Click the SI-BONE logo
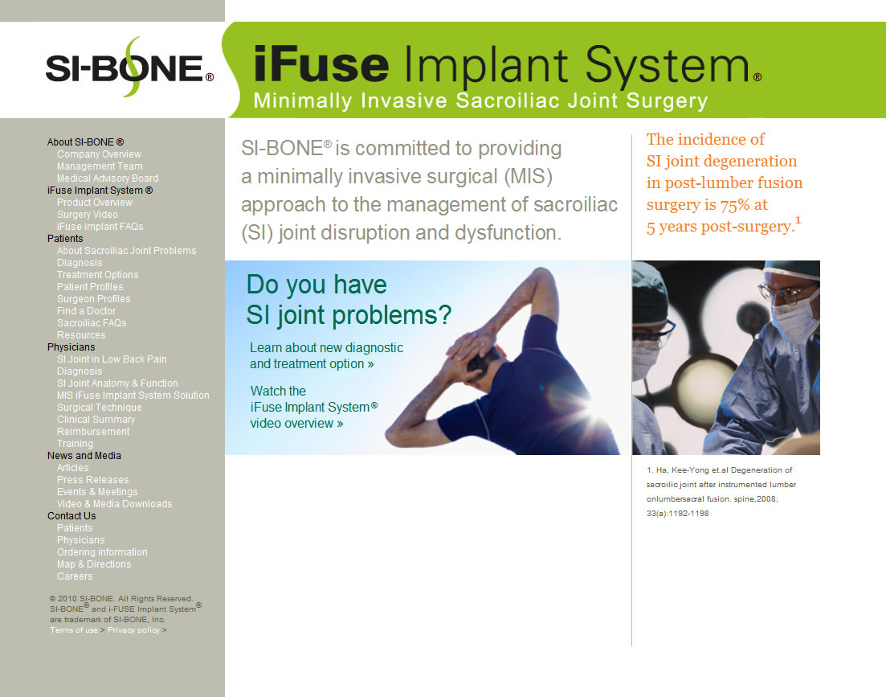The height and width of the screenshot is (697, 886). [129, 68]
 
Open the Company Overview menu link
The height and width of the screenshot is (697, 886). [99, 154]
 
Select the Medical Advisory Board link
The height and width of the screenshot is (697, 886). [108, 178]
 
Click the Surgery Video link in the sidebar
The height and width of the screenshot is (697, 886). [87, 214]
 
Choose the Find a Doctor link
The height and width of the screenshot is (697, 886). [86, 311]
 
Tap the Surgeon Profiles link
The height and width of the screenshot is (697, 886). [93, 299]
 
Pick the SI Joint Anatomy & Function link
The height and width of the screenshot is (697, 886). [117, 383]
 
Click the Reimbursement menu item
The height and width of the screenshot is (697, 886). [92, 432]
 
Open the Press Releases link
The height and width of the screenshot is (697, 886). [92, 480]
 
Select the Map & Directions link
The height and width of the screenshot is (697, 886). [94, 564]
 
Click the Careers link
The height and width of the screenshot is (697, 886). [75, 576]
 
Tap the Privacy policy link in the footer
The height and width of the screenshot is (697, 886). [134, 630]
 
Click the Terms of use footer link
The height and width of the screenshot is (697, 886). [73, 630]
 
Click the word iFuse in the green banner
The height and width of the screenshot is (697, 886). [321, 64]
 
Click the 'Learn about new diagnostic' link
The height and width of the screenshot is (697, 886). [327, 347]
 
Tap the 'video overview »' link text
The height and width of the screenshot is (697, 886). [296, 424]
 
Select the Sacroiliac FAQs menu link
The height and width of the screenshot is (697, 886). [92, 323]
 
